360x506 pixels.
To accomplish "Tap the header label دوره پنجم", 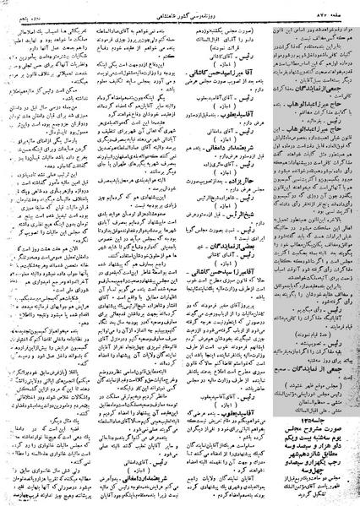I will [x=21, y=6].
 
